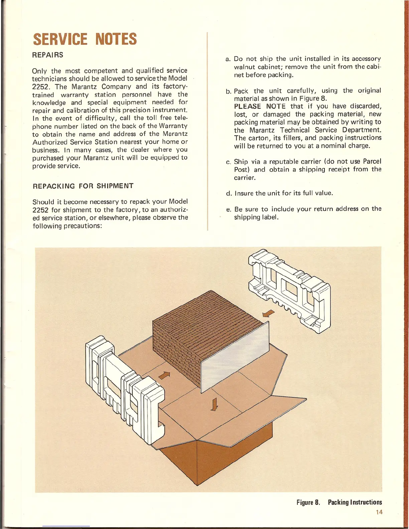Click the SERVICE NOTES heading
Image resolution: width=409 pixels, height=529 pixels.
[x=85, y=39]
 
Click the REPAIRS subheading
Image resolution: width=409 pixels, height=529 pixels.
[x=48, y=55]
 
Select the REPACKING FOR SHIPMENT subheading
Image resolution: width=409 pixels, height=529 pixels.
[x=83, y=186]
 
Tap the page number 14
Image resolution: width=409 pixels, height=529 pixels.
[x=379, y=512]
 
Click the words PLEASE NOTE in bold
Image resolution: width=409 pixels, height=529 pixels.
[x=260, y=107]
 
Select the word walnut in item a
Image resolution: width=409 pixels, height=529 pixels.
[x=245, y=67]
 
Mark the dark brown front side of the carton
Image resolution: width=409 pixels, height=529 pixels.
[x=177, y=458]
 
